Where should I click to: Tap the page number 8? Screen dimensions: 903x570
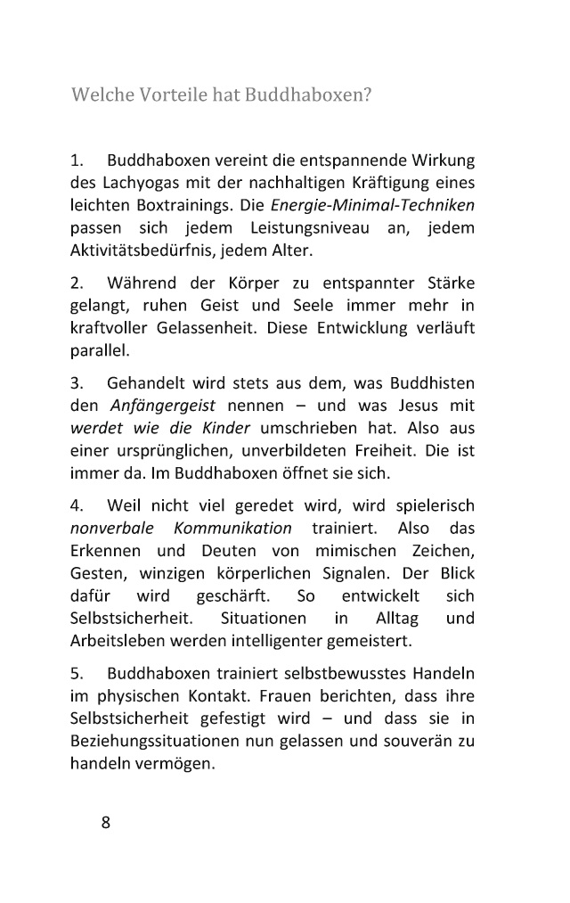(105, 823)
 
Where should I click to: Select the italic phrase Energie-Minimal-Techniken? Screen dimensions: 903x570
(372, 206)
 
